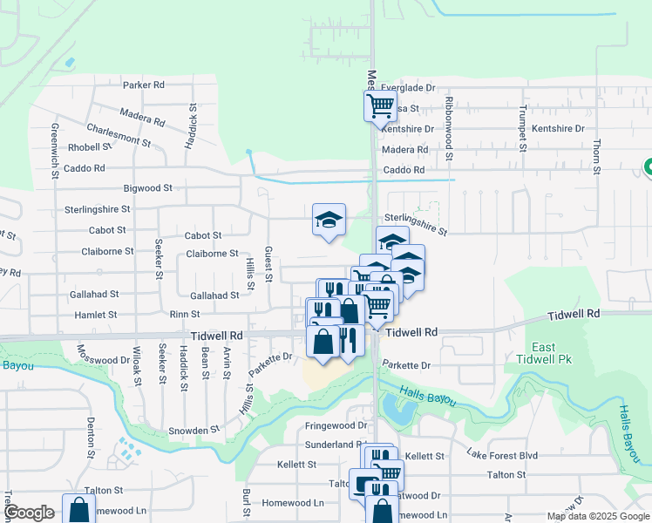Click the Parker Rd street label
pos(144,85)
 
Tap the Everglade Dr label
pos(408,88)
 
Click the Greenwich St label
pos(54,150)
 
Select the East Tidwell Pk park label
pos(542,353)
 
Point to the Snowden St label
pos(194,431)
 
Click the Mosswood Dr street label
pos(103,359)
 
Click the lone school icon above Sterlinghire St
pos(329,220)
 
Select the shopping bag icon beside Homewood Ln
pos(78,509)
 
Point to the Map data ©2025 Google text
pos(596,516)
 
